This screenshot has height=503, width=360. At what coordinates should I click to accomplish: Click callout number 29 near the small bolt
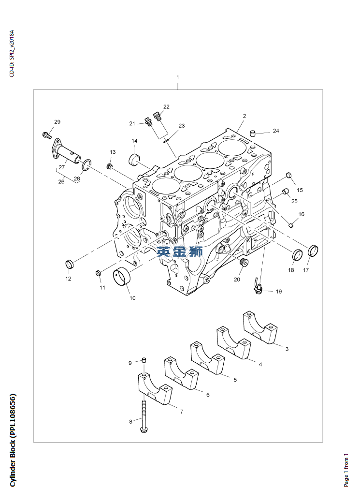[57, 122]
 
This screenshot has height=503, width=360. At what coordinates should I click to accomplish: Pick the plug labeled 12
[69, 264]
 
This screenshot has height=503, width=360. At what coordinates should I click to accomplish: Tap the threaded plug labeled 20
[244, 263]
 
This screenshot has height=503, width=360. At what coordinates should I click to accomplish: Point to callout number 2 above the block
[245, 116]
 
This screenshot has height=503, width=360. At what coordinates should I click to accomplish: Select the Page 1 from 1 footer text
[346, 470]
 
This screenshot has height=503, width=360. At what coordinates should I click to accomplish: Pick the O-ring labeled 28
[86, 165]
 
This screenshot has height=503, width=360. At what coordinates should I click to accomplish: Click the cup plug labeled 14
[134, 158]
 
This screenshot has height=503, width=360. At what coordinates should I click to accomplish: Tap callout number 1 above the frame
[178, 77]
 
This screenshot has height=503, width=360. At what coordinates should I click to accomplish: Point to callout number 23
[181, 126]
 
